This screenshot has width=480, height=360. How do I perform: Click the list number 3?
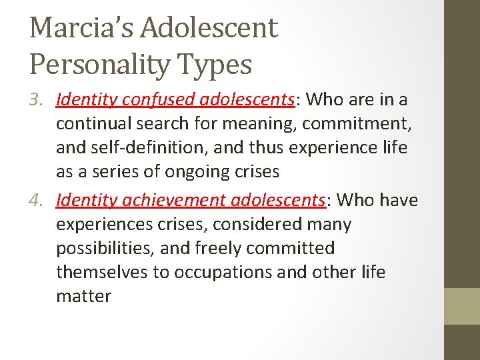pos(38,100)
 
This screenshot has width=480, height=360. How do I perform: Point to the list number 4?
pos(38,200)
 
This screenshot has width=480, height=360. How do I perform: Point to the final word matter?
pos(83,296)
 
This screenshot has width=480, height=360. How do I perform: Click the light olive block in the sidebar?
pos(462,306)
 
